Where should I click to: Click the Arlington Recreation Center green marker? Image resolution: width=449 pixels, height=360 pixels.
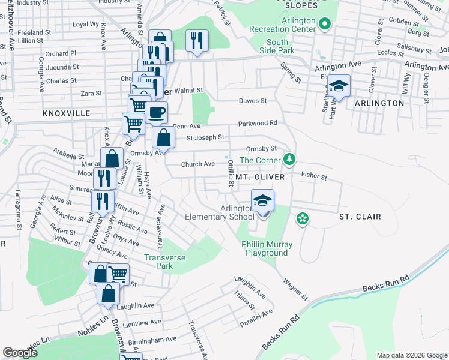coord(325,25)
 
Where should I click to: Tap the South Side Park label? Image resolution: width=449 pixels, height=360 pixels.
coord(277,46)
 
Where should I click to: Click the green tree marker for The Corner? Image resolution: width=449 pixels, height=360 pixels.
coord(290,159)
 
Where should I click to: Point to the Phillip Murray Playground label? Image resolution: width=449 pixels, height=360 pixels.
coord(267,248)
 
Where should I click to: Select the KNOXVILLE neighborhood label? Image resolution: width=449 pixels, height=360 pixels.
coord(66,113)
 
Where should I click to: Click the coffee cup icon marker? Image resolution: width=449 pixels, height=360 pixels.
coord(157,112)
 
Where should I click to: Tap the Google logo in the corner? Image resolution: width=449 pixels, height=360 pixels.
coord(20,353)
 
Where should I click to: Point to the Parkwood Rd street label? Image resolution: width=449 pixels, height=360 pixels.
coord(258,123)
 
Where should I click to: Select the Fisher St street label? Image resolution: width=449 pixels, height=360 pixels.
coord(314,177)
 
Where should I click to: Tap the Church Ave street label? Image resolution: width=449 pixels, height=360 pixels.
coord(198,164)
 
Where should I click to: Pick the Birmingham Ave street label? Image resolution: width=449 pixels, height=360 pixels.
coord(152,339)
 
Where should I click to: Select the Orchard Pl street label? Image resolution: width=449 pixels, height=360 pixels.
coord(61,53)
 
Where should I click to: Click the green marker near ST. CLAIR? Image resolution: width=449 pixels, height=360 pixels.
coord(302,219)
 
